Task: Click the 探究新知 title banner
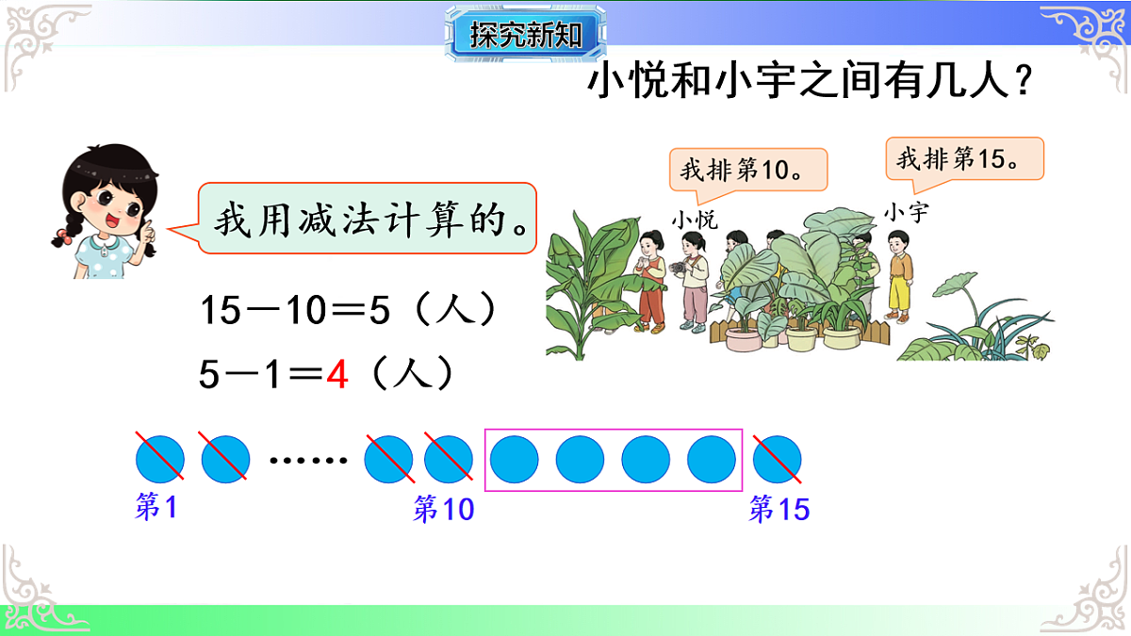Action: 525,35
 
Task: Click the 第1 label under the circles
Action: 156,509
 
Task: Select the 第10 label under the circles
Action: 443,511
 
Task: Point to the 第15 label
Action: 779,511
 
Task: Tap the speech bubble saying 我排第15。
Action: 964,158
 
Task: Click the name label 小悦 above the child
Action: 695,220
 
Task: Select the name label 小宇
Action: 905,213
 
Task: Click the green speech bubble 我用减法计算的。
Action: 368,219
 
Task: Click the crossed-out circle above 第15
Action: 778,460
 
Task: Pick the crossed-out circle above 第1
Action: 159,460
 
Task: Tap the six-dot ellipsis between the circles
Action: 307,461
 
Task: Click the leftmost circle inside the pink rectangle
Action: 515,460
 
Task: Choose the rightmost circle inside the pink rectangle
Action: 712,460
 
